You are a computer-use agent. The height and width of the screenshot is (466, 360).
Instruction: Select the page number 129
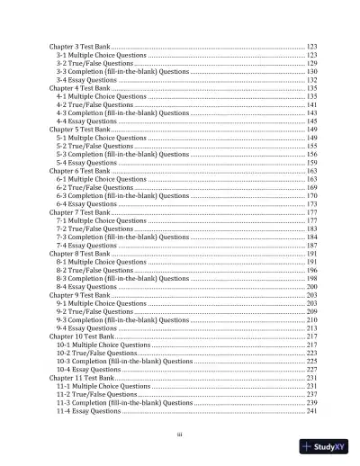(x=311, y=64)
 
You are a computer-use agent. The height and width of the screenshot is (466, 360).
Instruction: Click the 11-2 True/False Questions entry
(x=96, y=394)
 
